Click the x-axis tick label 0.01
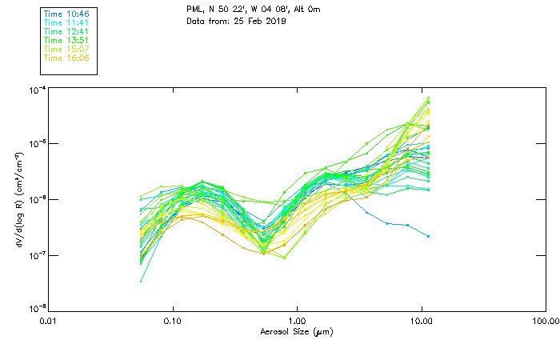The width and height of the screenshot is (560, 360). pyautogui.click(x=50, y=322)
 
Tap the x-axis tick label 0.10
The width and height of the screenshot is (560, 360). pyautogui.click(x=174, y=322)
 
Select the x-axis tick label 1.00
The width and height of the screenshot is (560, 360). pyautogui.click(x=298, y=322)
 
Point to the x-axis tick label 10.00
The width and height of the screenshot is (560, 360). pyautogui.click(x=422, y=322)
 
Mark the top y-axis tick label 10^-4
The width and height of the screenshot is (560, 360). pyautogui.click(x=36, y=90)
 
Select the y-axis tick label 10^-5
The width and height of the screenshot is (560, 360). pyautogui.click(x=36, y=144)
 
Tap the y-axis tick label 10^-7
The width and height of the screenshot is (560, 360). pyautogui.click(x=36, y=255)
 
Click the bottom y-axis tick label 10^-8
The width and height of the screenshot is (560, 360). pyautogui.click(x=36, y=310)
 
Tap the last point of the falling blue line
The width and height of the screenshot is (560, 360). pyautogui.click(x=429, y=236)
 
